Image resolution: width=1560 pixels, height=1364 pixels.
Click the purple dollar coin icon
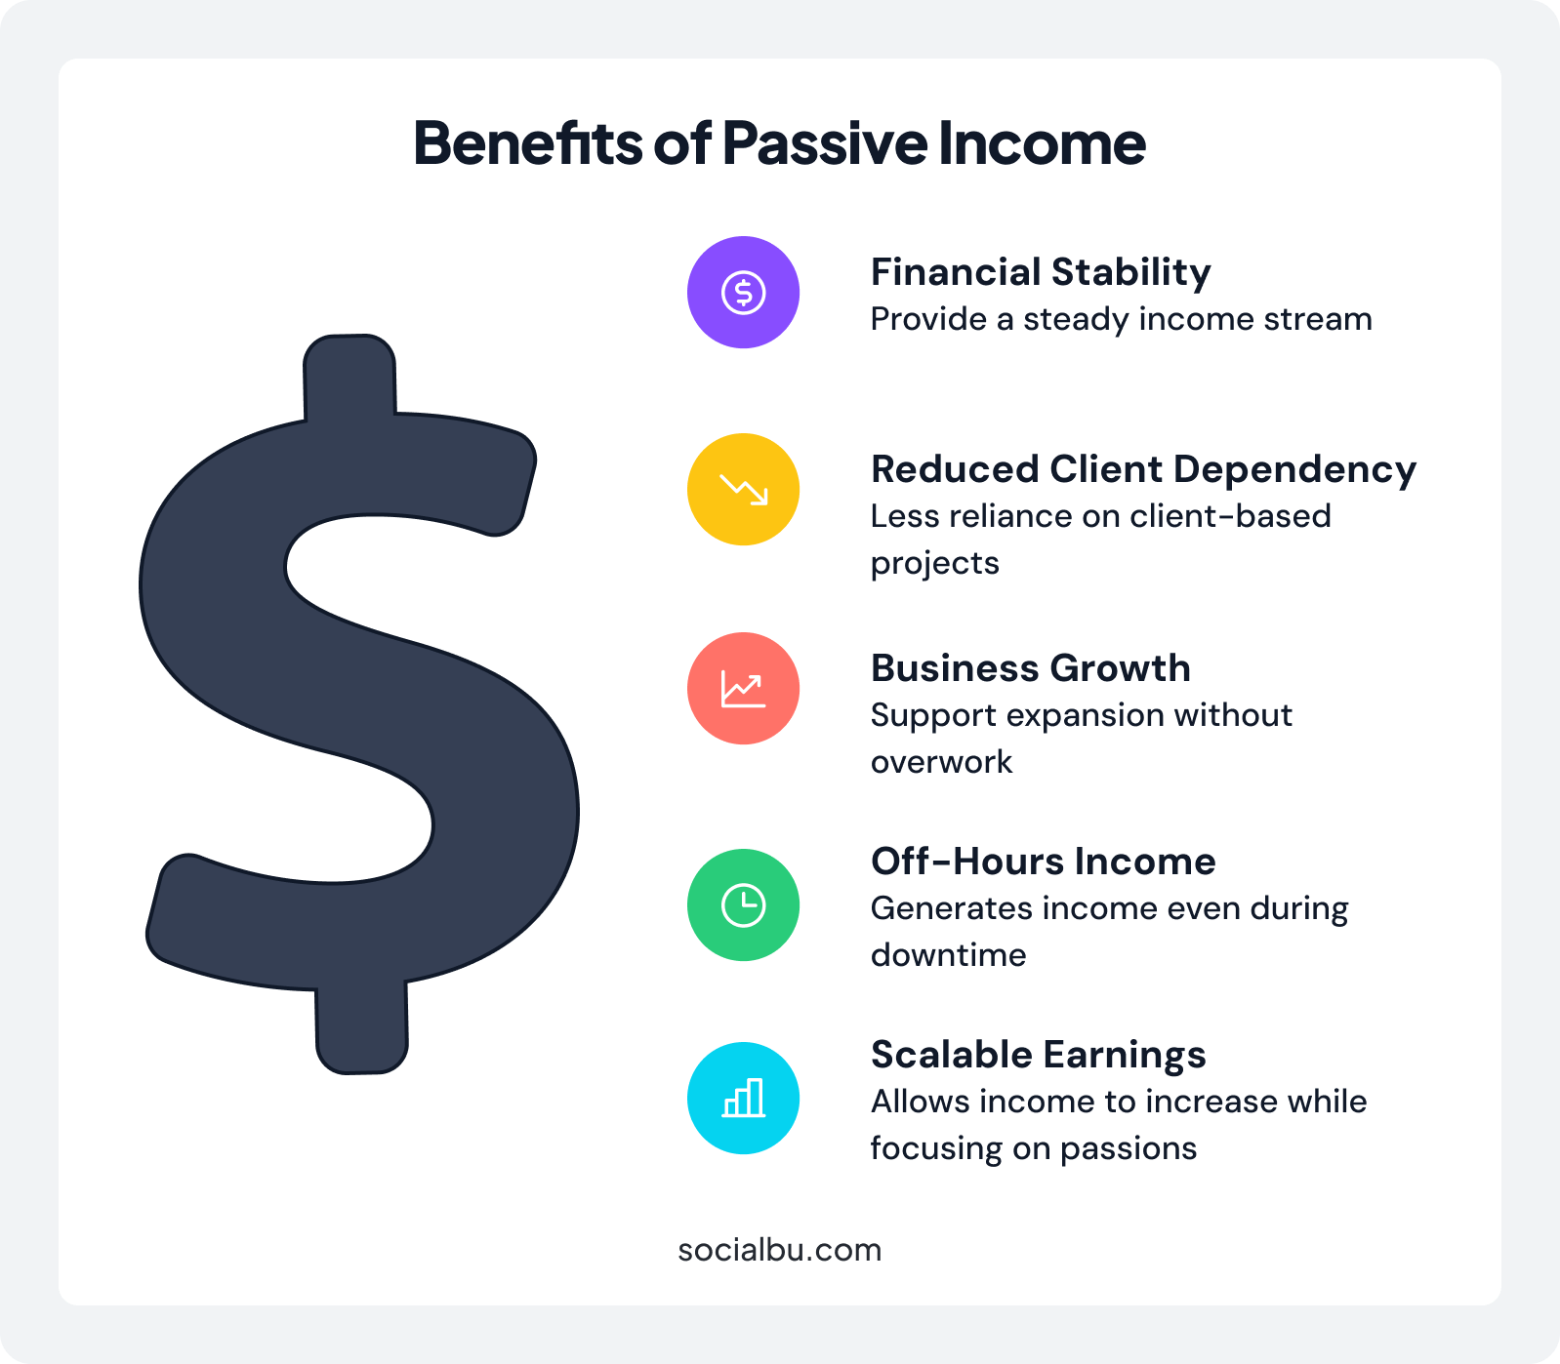point(743,292)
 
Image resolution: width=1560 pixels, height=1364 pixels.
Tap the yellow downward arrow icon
point(743,489)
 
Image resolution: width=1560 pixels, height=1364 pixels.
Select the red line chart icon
point(743,689)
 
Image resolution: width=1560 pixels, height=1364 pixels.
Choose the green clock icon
point(743,905)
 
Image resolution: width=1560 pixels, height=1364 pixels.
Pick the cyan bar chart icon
point(743,1098)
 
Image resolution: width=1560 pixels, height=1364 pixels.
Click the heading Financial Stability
point(1040,272)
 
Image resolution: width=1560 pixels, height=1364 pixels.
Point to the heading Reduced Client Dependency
point(1142,469)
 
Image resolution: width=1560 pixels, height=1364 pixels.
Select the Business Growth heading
point(1030,668)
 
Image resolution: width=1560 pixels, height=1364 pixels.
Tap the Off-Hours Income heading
point(1043,862)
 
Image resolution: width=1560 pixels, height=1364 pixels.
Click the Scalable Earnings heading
point(1038,1055)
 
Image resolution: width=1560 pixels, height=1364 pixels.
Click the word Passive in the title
point(825,143)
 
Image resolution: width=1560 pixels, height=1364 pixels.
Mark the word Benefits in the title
point(527,143)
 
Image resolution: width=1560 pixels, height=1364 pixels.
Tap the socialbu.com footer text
point(779,1250)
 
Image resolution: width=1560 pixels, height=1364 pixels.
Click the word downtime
point(948,955)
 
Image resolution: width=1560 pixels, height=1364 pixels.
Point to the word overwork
point(941,762)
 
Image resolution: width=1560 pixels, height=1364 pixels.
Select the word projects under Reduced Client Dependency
point(934,564)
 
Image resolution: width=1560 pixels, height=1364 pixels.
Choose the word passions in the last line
point(1128,1149)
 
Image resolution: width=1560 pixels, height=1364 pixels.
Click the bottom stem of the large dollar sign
point(361,1029)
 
